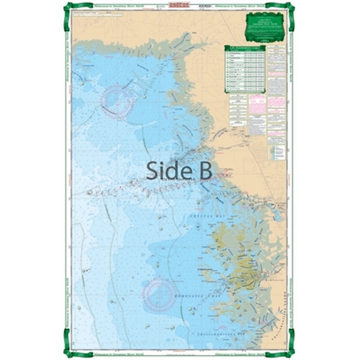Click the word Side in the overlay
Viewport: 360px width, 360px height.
166,170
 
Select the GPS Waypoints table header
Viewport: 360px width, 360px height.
244,48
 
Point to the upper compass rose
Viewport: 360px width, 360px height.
118,101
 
